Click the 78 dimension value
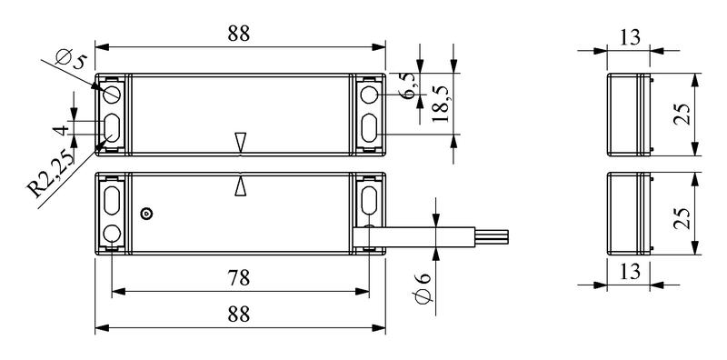click(239, 278)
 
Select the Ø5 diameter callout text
click(71, 58)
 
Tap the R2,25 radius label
click(51, 174)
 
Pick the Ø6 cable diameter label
click(422, 288)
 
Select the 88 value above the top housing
click(239, 34)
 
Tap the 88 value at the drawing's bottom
click(239, 315)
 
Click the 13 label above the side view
click(630, 36)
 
